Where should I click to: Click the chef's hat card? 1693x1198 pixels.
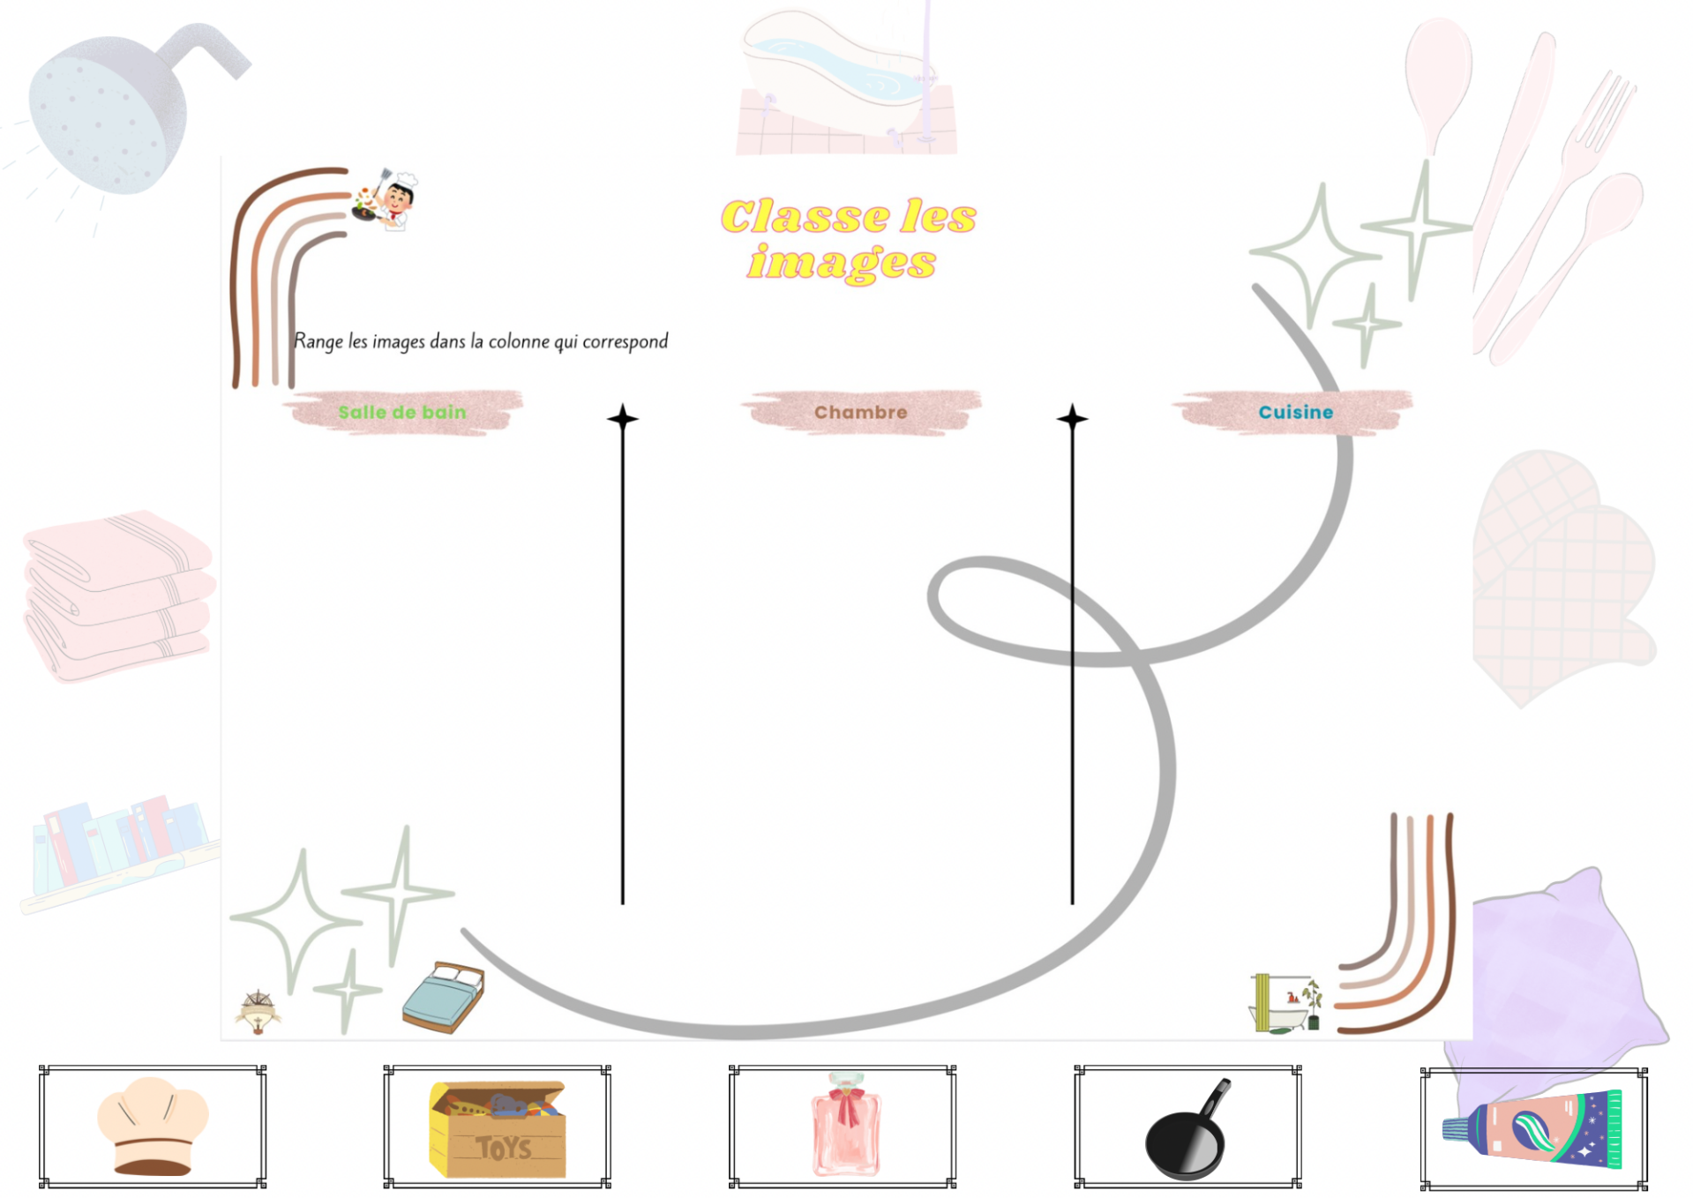[152, 1126]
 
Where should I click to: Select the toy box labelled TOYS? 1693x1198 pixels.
[498, 1129]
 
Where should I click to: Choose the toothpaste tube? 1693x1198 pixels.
[1533, 1129]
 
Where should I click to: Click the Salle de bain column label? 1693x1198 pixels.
[402, 412]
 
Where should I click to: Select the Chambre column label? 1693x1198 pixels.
[860, 412]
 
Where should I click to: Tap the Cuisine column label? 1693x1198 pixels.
[1295, 412]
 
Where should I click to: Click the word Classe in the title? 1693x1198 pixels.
[805, 217]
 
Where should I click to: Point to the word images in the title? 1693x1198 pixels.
[842, 262]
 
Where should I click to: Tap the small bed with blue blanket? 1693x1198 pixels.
[444, 997]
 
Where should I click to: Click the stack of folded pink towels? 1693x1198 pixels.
[118, 593]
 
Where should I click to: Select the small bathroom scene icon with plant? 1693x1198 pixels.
[1286, 1003]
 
